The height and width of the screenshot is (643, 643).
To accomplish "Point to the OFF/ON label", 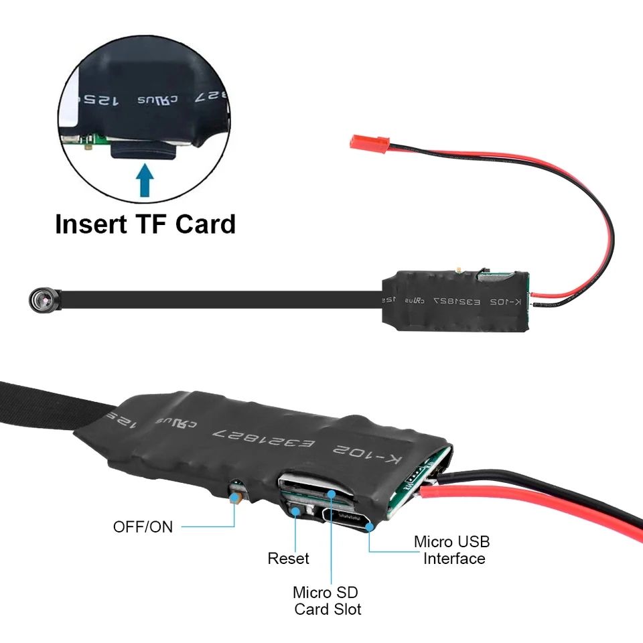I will tap(143, 526).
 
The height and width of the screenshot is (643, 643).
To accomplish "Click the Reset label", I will tap(288, 558).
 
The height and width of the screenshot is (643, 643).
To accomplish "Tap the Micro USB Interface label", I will tap(451, 550).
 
